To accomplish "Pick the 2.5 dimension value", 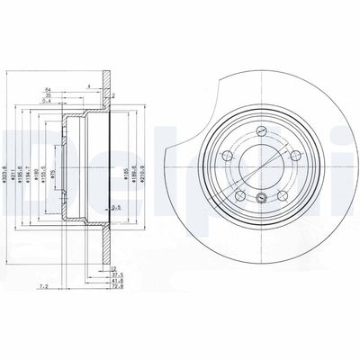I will point(116,208).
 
